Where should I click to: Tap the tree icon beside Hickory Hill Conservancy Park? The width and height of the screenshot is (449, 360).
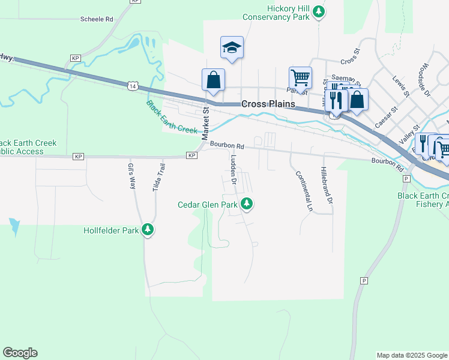point(320,11)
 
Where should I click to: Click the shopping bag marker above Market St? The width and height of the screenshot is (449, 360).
point(213,79)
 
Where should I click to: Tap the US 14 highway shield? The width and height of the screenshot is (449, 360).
point(131,86)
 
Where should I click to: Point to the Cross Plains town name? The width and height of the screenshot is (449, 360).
point(268,104)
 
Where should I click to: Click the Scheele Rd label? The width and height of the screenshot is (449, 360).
point(97,19)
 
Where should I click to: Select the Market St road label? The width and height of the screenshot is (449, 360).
point(205,121)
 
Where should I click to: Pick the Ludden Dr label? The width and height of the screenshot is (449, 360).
point(234,169)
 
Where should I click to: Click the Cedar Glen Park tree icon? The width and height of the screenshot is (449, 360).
point(246,205)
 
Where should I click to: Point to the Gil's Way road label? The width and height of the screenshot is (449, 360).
point(132,176)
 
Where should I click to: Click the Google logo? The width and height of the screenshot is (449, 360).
point(20,353)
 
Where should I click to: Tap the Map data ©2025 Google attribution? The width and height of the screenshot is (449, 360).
point(411,355)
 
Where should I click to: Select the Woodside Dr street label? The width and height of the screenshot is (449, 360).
point(427,80)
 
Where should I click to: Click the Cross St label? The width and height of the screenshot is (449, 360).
point(349,61)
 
